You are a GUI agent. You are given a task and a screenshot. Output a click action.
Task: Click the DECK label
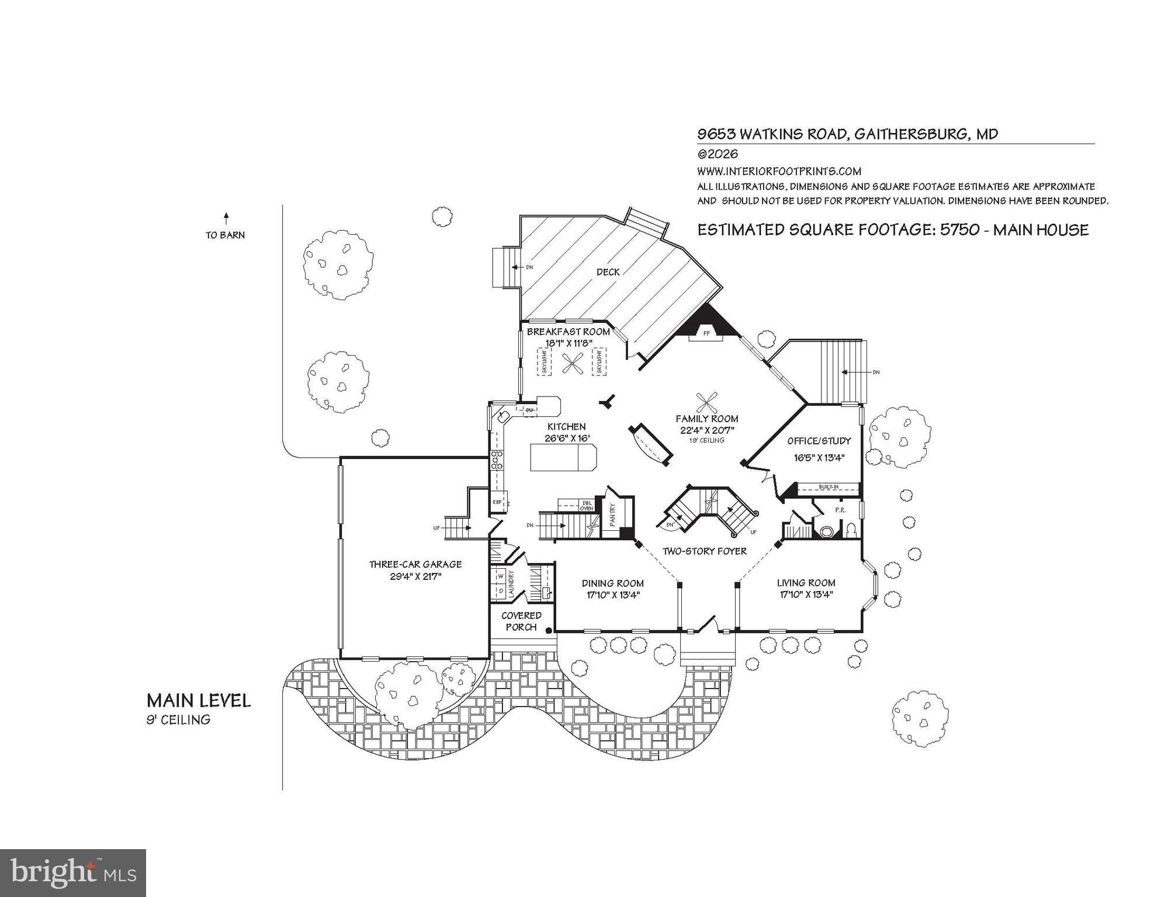pos(608,272)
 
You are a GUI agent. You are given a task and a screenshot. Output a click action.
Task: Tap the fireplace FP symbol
pos(706,333)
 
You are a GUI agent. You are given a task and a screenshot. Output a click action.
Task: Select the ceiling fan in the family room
pos(706,402)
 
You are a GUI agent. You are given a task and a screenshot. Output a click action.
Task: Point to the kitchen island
pos(563,457)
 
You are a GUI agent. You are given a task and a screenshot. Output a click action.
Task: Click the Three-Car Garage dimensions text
pos(415,576)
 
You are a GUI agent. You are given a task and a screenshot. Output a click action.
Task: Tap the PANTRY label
pos(613,515)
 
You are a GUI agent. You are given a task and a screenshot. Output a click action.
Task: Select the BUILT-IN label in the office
pos(829,486)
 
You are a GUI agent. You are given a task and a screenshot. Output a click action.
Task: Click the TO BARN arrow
pos(226,220)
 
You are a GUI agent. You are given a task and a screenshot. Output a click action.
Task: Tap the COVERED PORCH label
pos(521,621)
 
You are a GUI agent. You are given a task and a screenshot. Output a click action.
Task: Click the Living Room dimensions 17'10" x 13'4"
pos(806,595)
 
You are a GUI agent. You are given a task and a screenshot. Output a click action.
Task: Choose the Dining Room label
pos(612,583)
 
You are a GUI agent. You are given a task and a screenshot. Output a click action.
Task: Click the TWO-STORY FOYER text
pos(704,551)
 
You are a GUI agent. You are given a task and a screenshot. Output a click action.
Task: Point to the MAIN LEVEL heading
pos(199,701)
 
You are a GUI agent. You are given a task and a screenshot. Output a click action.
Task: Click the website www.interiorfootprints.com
pos(779,171)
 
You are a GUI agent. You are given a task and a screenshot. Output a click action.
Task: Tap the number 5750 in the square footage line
pos(959,230)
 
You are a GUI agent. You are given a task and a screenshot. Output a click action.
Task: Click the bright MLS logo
pos(73,873)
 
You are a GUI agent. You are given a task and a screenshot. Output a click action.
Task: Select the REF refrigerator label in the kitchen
pos(497,502)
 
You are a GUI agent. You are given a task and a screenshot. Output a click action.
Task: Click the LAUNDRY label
pos(511,583)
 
